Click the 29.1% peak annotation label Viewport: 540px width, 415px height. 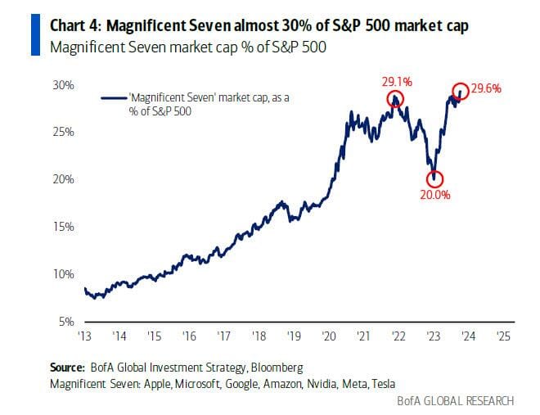(395, 82)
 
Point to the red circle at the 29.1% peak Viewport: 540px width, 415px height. (396, 99)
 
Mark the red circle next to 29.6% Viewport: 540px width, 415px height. (461, 91)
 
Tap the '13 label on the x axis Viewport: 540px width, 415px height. (84, 336)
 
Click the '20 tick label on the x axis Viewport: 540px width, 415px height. (329, 336)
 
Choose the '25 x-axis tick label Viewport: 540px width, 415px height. (504, 336)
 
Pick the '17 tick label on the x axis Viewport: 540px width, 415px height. (224, 336)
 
